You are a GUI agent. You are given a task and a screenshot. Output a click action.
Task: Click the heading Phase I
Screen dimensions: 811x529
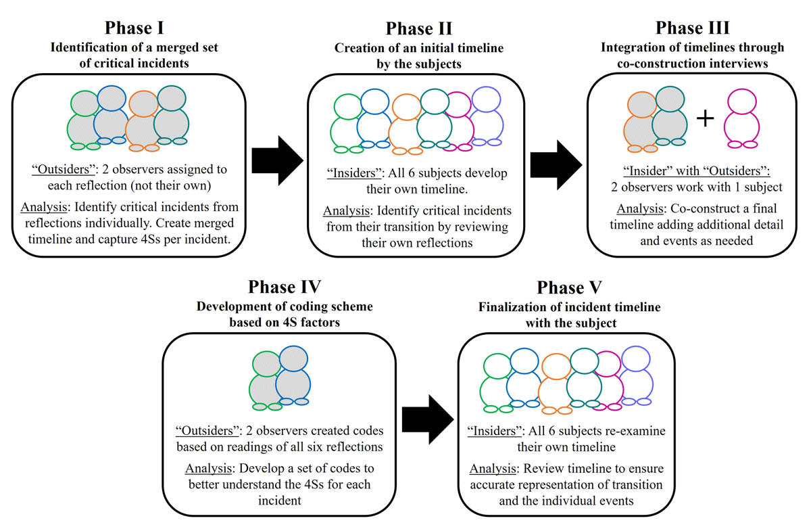(134, 28)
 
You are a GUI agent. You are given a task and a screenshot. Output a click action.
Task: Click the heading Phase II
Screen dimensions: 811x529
(419, 28)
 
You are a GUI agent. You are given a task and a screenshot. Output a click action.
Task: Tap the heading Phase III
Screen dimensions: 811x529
(692, 28)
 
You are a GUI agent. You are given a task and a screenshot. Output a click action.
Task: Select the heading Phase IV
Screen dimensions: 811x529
(285, 287)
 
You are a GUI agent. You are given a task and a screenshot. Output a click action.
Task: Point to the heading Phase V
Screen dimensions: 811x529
(569, 287)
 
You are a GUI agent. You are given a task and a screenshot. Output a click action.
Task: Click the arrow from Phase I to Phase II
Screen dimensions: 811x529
(277, 160)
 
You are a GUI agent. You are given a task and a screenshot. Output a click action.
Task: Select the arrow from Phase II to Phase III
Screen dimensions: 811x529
(556, 165)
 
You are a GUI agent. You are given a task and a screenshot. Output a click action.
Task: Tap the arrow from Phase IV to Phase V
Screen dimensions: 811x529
(428, 419)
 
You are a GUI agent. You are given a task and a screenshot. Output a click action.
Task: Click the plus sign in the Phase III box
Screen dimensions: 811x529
(706, 118)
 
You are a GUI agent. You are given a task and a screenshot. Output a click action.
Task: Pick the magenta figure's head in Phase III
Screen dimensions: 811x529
(742, 101)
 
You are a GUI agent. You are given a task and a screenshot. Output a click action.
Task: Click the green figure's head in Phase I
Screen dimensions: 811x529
(84, 103)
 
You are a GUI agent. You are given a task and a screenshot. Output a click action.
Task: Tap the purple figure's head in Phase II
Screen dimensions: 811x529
(486, 99)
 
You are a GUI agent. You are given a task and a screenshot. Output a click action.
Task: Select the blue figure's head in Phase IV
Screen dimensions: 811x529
(293, 359)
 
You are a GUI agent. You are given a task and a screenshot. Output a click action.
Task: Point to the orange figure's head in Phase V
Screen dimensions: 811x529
(556, 367)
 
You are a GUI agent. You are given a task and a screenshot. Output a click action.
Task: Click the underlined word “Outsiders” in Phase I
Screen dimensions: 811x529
(64, 170)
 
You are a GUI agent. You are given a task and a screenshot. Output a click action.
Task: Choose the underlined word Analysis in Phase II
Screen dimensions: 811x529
(347, 211)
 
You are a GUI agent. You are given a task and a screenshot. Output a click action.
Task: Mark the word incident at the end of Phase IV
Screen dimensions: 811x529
(280, 501)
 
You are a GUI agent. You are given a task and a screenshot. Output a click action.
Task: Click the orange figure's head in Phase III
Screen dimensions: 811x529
(642, 105)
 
